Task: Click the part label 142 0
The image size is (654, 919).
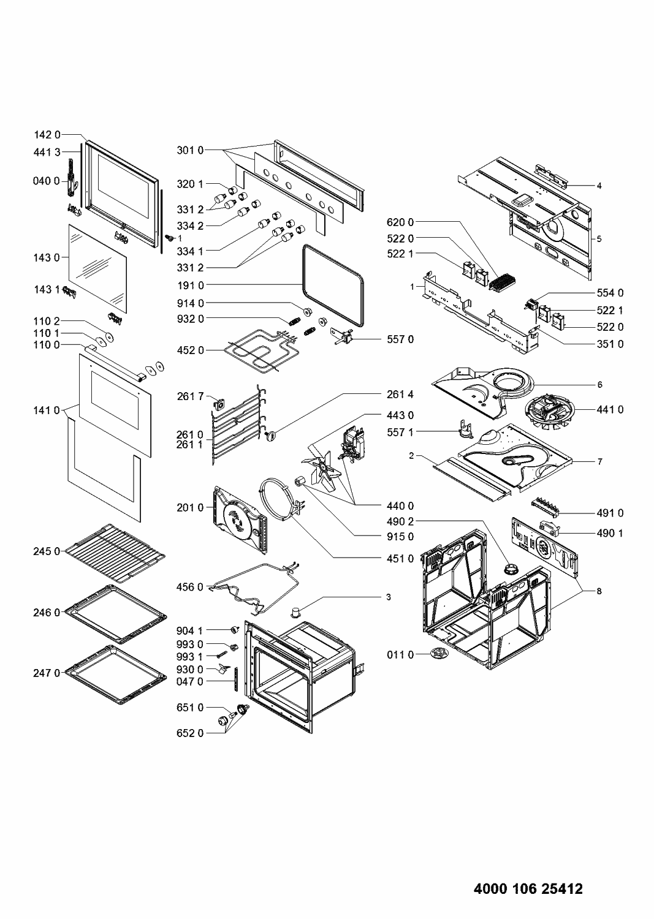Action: coord(47,135)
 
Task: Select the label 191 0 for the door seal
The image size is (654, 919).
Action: coord(191,285)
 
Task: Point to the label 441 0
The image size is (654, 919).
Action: coord(610,409)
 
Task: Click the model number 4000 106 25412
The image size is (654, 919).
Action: coord(528,888)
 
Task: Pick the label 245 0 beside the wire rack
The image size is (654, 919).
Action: coord(47,551)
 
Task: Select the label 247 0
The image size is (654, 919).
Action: coord(47,673)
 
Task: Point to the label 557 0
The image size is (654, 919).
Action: coord(400,339)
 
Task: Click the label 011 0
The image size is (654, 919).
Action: coord(400,655)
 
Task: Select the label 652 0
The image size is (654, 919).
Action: coord(191,732)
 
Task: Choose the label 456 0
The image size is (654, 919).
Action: coord(191,587)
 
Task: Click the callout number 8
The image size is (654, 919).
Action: coord(599,591)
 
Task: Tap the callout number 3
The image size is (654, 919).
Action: coord(389,596)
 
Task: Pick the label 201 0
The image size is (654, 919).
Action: coord(191,507)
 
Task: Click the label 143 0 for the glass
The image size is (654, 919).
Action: coord(47,258)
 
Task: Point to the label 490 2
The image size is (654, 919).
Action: coord(400,522)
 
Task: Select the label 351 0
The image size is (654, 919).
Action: coord(610,344)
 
